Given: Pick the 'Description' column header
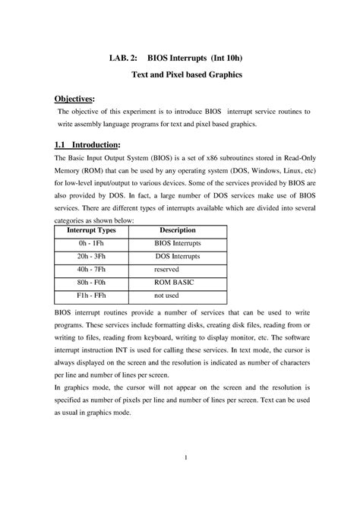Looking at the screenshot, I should coord(177,230).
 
